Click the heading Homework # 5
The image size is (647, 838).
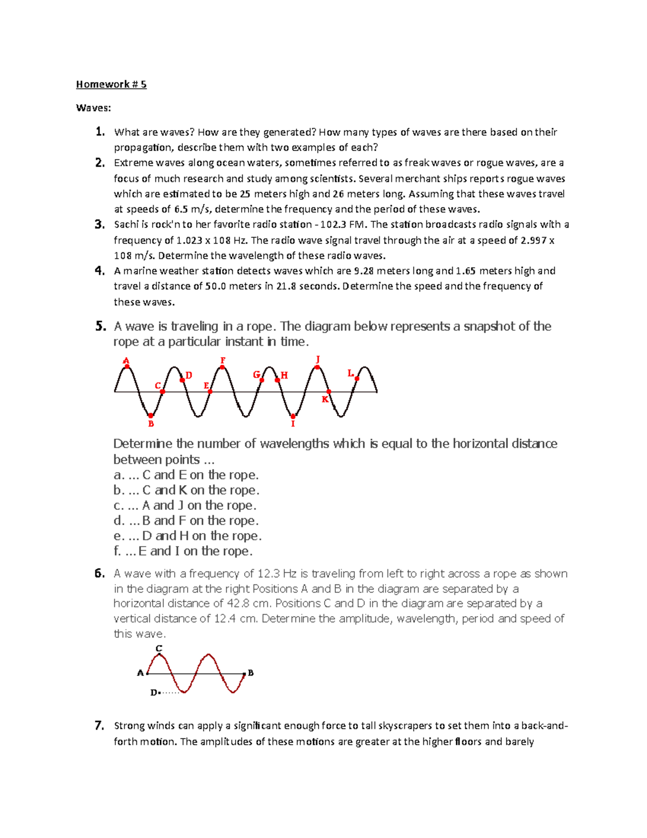click(x=111, y=84)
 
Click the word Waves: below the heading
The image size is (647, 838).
click(x=93, y=108)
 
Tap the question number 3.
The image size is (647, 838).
click(x=99, y=224)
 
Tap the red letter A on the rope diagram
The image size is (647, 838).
click(x=126, y=360)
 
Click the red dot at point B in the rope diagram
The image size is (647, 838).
click(x=151, y=415)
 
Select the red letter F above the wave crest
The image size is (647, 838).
click(x=223, y=360)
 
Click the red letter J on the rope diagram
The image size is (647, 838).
click(x=318, y=359)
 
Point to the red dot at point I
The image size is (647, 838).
click(x=293, y=416)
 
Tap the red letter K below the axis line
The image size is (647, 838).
click(x=325, y=399)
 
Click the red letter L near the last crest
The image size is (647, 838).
click(x=350, y=373)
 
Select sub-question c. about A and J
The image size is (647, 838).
click(x=184, y=506)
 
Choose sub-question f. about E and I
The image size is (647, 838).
click(x=183, y=551)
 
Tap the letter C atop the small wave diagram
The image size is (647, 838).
click(x=159, y=648)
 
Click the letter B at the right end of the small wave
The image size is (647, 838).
click(x=251, y=673)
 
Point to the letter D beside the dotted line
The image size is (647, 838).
click(x=153, y=692)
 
